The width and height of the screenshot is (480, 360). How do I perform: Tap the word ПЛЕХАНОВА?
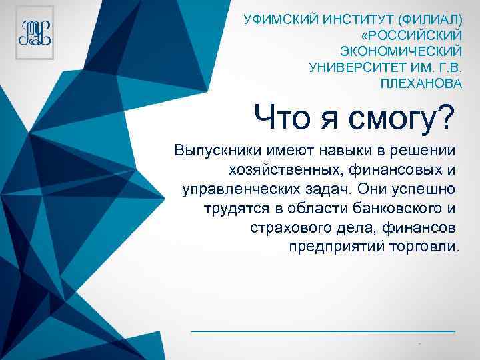420,84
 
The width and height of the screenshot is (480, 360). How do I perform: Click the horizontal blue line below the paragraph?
323,331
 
